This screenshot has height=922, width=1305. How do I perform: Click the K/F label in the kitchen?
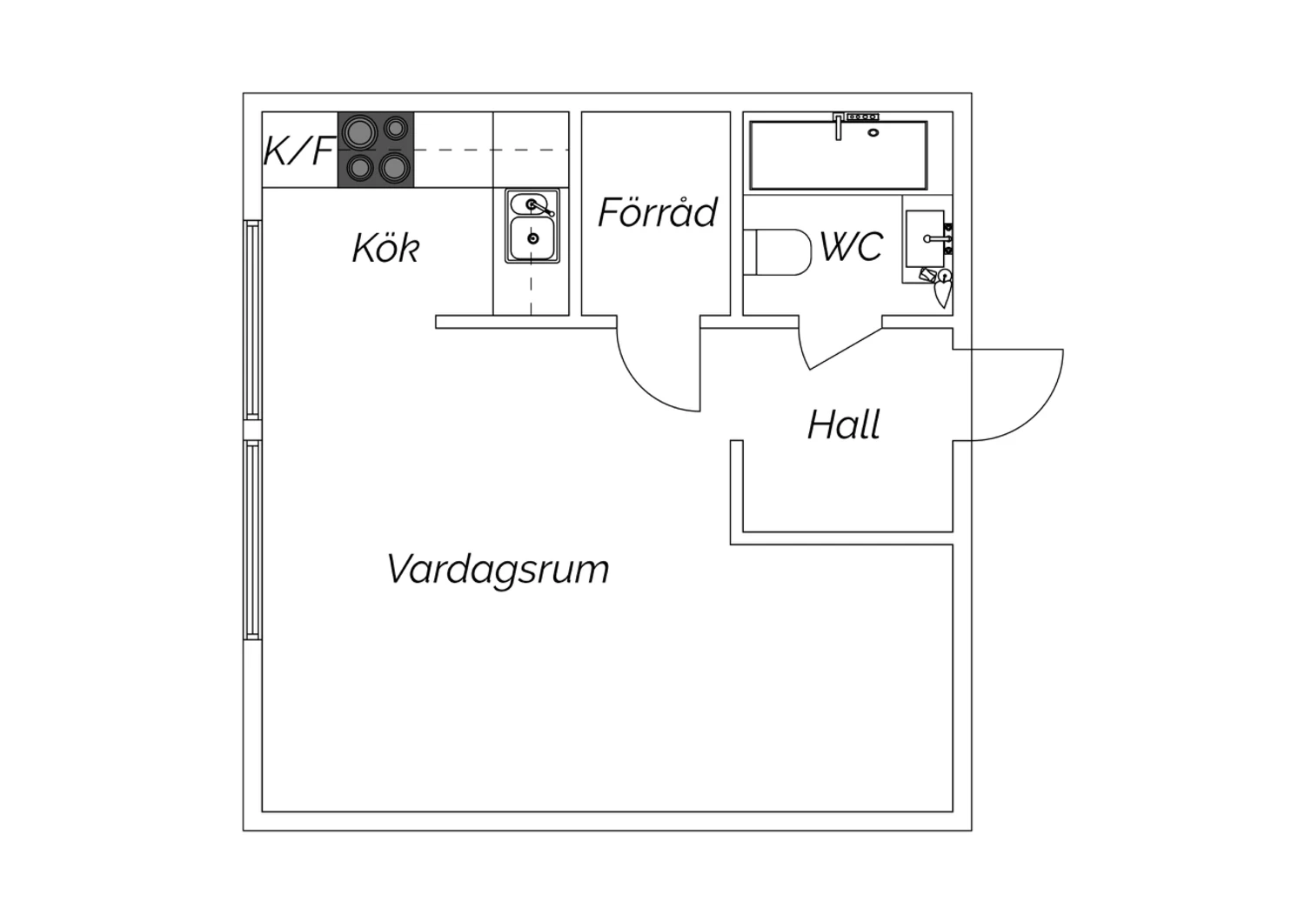click(299, 150)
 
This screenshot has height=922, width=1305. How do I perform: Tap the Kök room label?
click(386, 248)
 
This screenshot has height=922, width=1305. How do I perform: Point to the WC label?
click(852, 246)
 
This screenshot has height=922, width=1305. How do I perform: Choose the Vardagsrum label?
click(499, 570)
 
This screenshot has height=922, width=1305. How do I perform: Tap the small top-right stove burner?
click(396, 128)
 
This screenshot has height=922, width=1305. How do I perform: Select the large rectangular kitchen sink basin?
click(532, 238)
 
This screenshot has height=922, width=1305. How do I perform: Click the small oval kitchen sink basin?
click(529, 204)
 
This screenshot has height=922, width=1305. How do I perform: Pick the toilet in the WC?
click(778, 252)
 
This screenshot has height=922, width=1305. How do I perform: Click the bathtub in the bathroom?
click(839, 156)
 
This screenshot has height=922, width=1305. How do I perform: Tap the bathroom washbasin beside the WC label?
click(925, 239)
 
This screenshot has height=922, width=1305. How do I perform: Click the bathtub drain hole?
click(873, 133)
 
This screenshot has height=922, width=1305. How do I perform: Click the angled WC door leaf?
click(846, 349)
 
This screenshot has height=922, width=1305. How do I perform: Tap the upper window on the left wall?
click(253, 320)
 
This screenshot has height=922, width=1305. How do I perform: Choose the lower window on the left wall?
click(253, 540)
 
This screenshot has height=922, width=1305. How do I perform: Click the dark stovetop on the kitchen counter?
click(376, 150)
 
